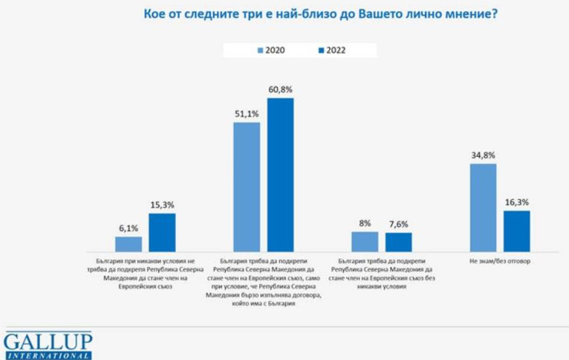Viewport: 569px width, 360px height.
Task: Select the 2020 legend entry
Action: point(271,50)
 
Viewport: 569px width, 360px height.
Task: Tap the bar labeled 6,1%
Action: point(128,244)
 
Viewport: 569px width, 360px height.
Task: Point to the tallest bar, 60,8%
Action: point(280,175)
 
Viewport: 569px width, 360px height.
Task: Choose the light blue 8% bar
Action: point(364,242)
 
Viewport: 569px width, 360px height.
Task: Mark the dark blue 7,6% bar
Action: point(398,242)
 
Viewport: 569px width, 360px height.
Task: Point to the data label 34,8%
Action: point(483,155)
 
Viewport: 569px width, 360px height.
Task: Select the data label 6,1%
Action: point(128,228)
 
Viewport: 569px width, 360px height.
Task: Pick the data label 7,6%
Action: point(398,224)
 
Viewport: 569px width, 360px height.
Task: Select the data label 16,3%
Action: point(517,202)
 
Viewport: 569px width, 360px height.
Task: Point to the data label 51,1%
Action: point(246,115)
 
